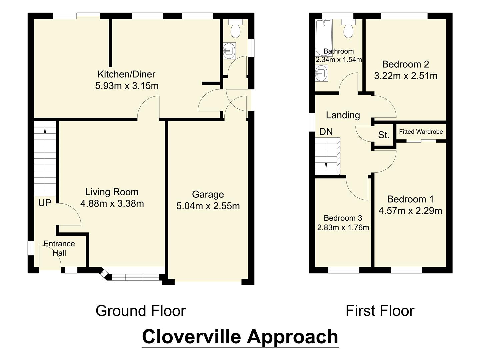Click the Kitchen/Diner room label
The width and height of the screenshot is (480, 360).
126,74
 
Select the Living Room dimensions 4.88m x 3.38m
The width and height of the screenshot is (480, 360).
112,203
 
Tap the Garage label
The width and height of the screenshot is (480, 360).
208,194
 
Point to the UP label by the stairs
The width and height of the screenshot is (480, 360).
45,203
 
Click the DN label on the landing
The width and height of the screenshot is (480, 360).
326,132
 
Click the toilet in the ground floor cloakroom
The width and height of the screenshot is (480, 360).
235,29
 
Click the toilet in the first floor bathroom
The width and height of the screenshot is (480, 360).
348,29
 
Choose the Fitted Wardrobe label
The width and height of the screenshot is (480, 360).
421,132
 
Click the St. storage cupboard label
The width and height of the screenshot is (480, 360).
384,135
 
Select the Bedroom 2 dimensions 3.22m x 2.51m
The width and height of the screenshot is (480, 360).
406,76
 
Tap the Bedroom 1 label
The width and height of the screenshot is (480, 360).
410,199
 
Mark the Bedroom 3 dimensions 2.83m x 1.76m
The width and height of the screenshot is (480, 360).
343,228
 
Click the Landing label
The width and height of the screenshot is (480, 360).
343,115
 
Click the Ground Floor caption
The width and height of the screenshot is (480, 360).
140,311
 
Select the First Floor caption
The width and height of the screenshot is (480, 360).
380,311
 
